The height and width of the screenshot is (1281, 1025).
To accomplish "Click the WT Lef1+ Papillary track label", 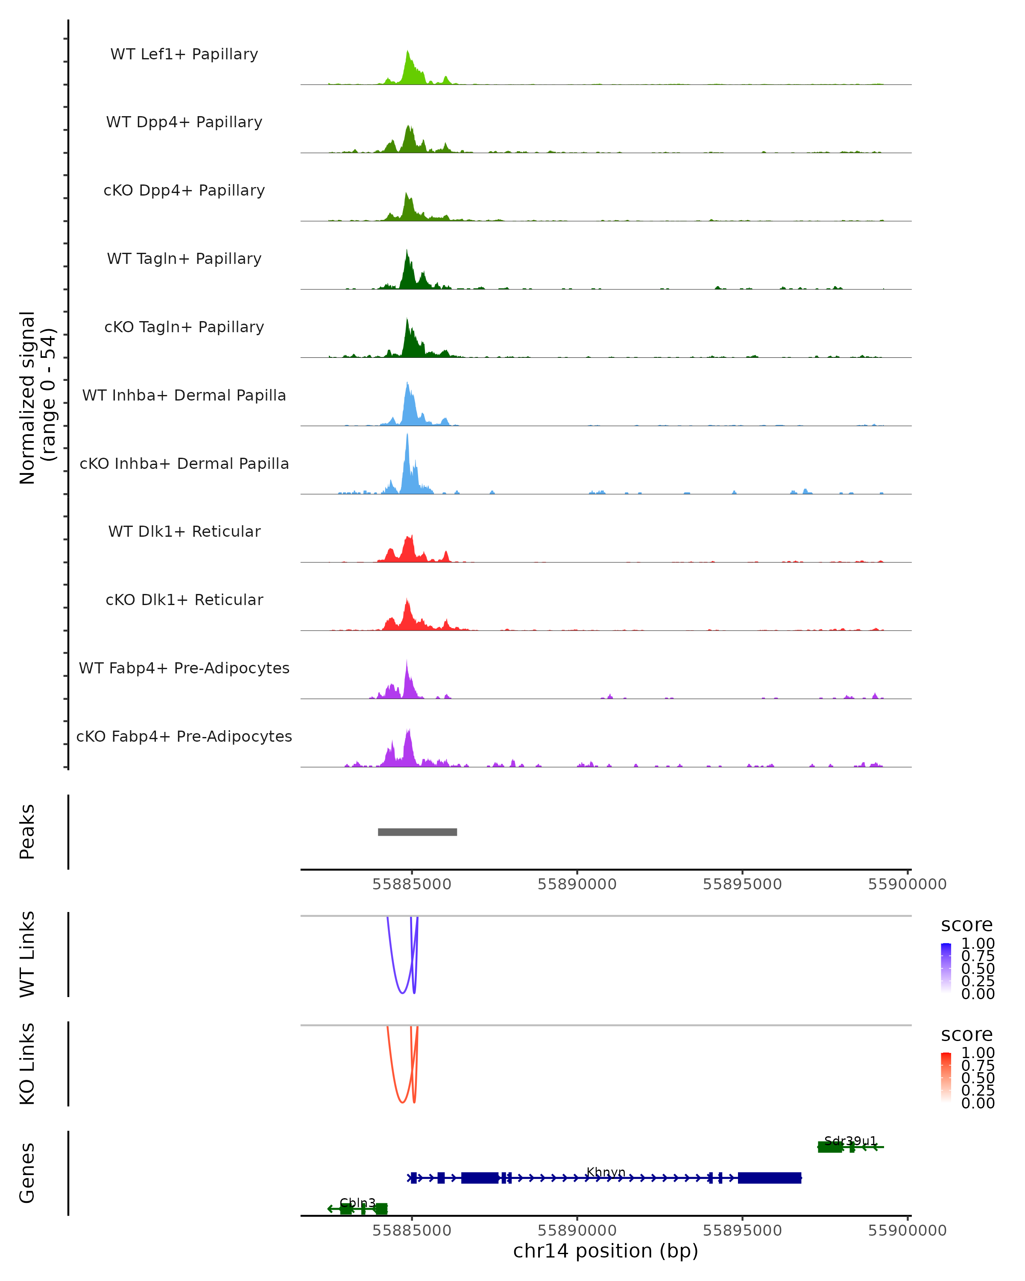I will coord(184,54).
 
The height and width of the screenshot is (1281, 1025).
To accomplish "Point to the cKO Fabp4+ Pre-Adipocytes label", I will coord(184,736).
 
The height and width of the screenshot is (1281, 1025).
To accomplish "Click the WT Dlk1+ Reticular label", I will coord(184,531).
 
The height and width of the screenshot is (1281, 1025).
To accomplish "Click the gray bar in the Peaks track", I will coord(417,832).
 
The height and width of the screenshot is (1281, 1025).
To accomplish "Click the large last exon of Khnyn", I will coord(770,1178).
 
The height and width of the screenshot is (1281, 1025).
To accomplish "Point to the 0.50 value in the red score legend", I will coord(978,1078).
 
